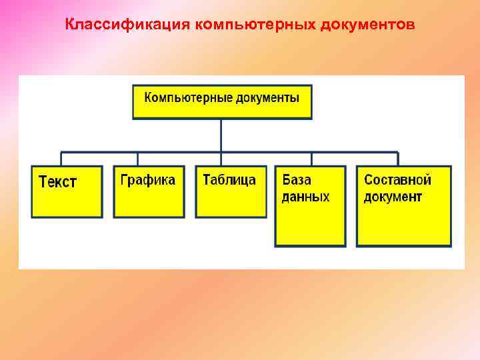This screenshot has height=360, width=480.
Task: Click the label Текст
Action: (x=58, y=182)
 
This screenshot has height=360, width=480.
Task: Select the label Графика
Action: (x=147, y=180)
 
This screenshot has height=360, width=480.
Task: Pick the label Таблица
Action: (x=229, y=180)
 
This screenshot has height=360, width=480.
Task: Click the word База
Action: (x=297, y=180)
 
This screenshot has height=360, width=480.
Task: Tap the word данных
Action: (x=305, y=197)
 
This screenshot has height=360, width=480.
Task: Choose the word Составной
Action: (x=397, y=180)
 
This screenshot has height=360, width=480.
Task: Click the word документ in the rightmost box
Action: (x=393, y=197)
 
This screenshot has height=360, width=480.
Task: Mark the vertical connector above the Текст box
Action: (x=61, y=159)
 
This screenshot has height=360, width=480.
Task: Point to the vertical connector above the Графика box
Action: (x=138, y=159)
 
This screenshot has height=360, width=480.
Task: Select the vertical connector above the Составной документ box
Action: (x=398, y=159)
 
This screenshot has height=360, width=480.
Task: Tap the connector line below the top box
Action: (x=221, y=135)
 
